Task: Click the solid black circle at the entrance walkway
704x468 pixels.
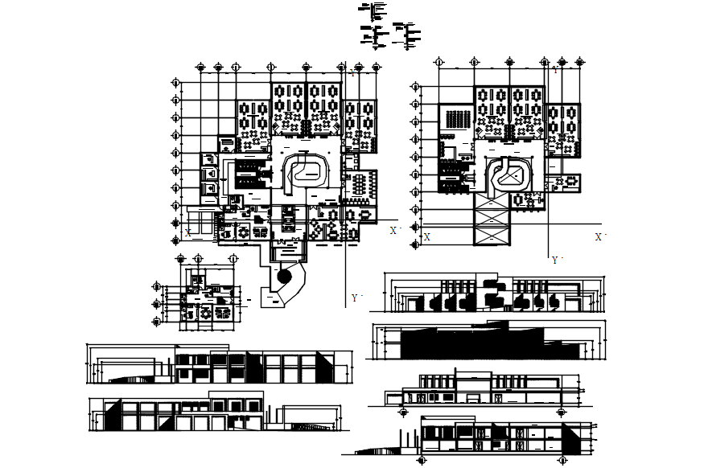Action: [282, 275]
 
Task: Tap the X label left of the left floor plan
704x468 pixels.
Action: [187, 232]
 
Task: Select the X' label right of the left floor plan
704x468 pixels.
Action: [394, 231]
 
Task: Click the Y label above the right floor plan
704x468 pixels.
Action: [554, 70]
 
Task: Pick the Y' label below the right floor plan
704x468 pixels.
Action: [554, 261]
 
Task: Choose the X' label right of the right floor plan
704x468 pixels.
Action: [599, 238]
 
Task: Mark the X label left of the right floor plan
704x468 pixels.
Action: [426, 238]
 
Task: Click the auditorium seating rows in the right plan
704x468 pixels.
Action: [455, 118]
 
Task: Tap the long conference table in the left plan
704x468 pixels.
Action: [357, 183]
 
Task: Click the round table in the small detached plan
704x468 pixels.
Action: [206, 310]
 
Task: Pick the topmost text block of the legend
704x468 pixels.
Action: [374, 10]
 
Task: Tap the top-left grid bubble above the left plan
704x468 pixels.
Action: [200, 68]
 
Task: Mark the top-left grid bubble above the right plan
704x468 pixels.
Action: [438, 61]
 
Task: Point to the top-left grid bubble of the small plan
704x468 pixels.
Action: [179, 259]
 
